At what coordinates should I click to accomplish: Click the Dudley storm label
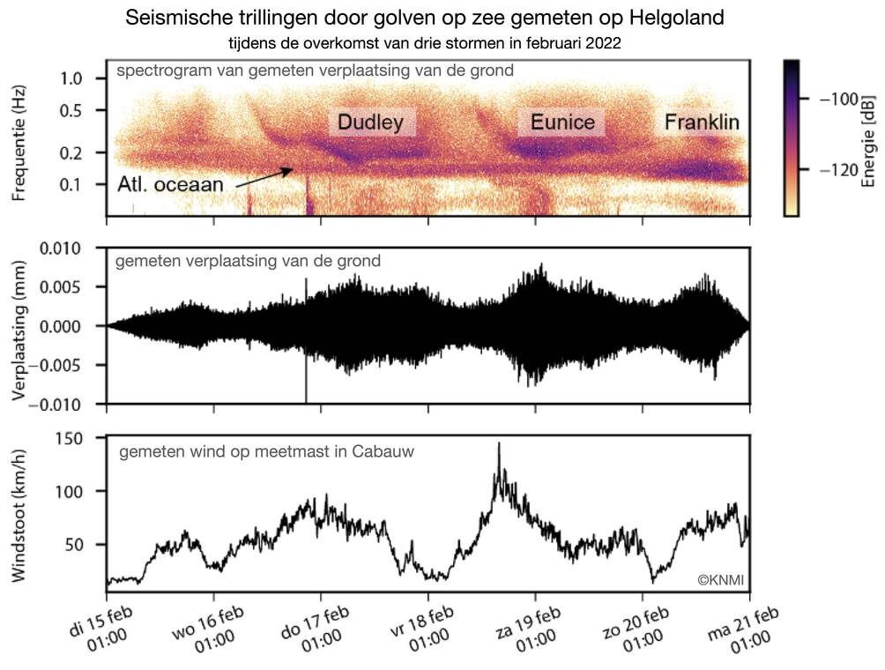(371, 123)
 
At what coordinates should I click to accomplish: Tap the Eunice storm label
(562, 123)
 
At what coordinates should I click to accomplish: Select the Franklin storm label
(702, 122)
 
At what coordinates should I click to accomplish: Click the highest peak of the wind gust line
(499, 443)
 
